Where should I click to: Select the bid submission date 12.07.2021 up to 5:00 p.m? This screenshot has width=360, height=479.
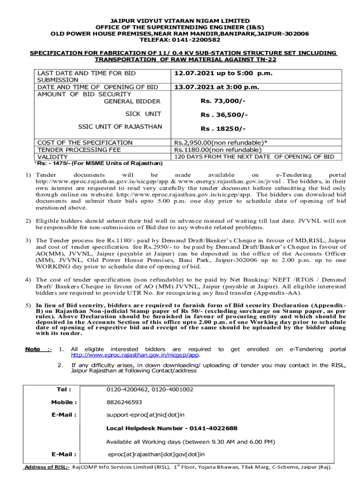tap(223, 73)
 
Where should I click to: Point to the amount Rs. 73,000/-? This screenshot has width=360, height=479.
tap(223, 102)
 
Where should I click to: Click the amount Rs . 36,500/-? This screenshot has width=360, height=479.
tap(224, 115)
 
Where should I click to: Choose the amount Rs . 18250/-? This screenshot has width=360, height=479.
tap(223, 129)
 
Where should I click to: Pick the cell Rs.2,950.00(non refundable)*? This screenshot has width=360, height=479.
tap(221, 143)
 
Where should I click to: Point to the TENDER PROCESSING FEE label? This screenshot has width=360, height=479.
tap(79, 150)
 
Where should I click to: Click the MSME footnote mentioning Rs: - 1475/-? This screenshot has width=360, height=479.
tap(98, 163)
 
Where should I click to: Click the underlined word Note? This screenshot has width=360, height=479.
tap(32, 349)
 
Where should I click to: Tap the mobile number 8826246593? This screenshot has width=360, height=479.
tap(124, 402)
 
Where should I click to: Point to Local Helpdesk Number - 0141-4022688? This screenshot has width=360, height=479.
tap(172, 428)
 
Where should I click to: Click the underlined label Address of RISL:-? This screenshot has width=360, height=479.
tap(47, 467)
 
